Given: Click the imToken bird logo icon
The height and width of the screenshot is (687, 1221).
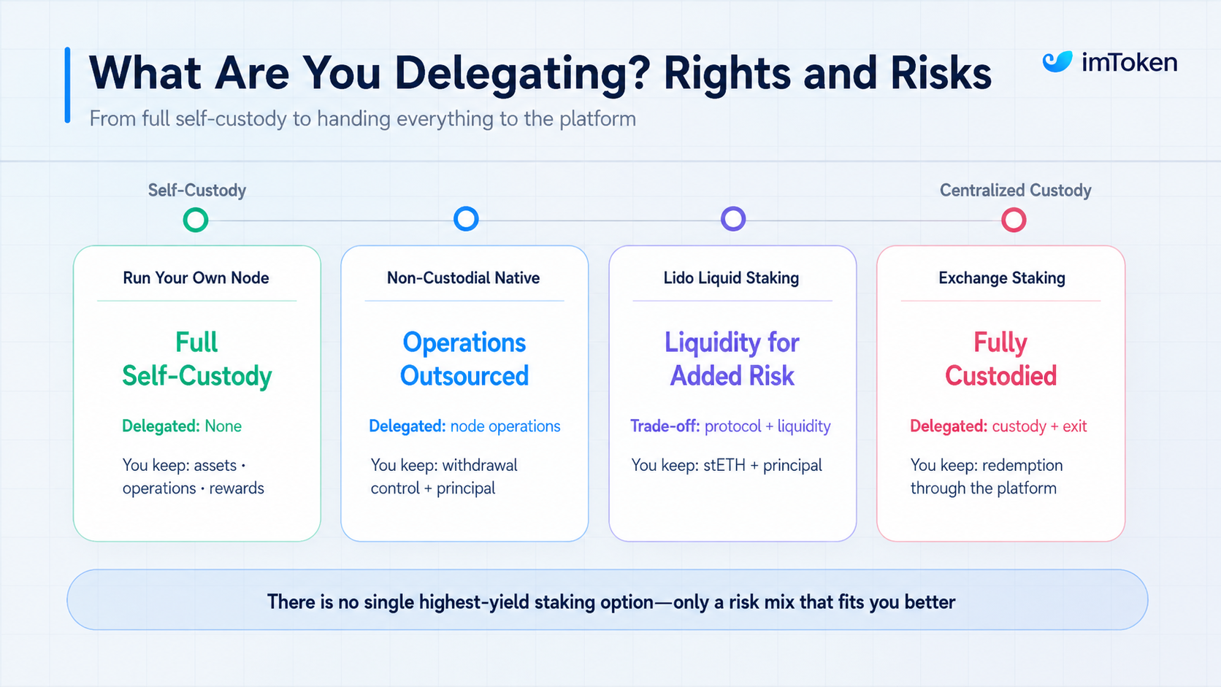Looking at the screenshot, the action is click(x=1057, y=61).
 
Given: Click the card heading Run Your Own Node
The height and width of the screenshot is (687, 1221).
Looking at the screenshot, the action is click(x=196, y=278).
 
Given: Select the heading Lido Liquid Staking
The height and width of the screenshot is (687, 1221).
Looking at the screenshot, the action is click(x=731, y=278).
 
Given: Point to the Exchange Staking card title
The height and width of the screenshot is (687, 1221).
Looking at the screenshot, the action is click(x=1002, y=278).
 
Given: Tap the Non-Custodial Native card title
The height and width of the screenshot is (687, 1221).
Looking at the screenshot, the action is click(x=463, y=278).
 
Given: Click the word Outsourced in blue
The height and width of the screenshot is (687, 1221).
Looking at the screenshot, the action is click(x=464, y=375).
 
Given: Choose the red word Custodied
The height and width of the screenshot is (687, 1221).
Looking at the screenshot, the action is click(x=1000, y=375).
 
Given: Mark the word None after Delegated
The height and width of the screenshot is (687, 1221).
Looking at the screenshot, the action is click(x=223, y=426).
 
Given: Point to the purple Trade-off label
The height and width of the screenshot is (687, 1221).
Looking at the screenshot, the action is click(x=665, y=426).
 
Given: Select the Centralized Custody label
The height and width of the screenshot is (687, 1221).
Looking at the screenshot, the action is click(x=1016, y=190).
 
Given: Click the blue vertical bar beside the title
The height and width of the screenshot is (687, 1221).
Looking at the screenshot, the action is click(x=68, y=85).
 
